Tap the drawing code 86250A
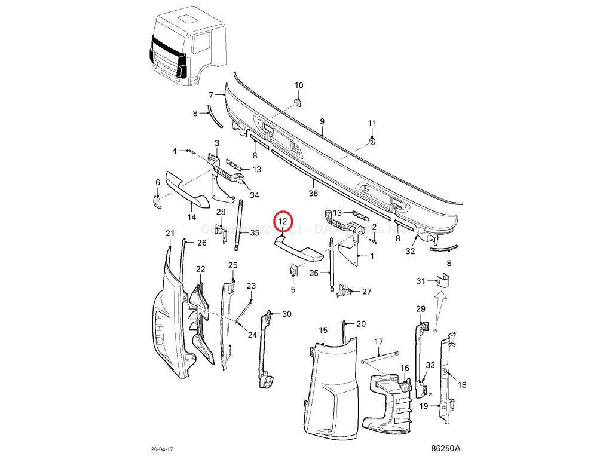[446, 448]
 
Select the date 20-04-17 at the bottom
[163, 448]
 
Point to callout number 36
[313, 194]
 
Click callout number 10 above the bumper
[299, 85]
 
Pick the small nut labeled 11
[372, 140]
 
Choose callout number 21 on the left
[169, 232]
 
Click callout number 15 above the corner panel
[323, 330]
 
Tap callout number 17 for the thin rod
[378, 342]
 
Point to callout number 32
[410, 251]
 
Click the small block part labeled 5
[293, 271]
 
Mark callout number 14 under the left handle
[192, 217]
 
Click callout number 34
[255, 195]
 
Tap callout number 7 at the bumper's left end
[211, 95]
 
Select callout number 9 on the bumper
[322, 121]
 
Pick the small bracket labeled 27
[345, 291]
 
